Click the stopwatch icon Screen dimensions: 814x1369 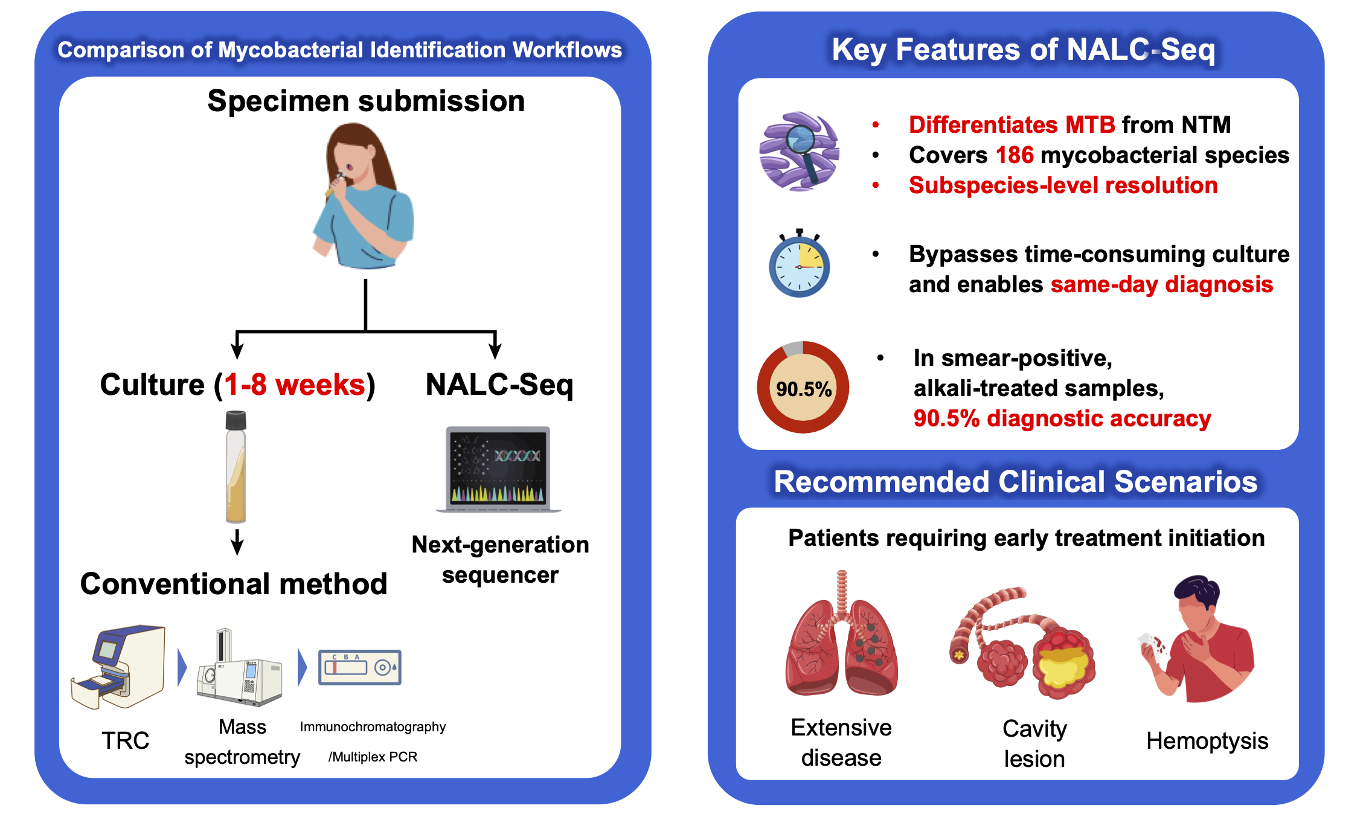(799, 264)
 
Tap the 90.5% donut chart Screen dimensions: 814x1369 (803, 387)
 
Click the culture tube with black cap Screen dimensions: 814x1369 (236, 466)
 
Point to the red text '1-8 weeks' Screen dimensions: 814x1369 (294, 385)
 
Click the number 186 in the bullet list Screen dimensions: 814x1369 (1015, 155)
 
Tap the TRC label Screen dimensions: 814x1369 (125, 740)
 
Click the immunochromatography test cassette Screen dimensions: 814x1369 (360, 667)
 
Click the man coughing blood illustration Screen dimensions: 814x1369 (1199, 640)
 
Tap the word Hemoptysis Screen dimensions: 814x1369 (1207, 741)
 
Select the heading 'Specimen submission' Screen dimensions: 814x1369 (366, 101)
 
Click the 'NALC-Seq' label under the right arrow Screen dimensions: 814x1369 (499, 385)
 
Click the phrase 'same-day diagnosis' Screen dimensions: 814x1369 (1161, 284)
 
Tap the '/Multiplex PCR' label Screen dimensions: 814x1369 (373, 757)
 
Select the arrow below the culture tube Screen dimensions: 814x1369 (237, 542)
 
